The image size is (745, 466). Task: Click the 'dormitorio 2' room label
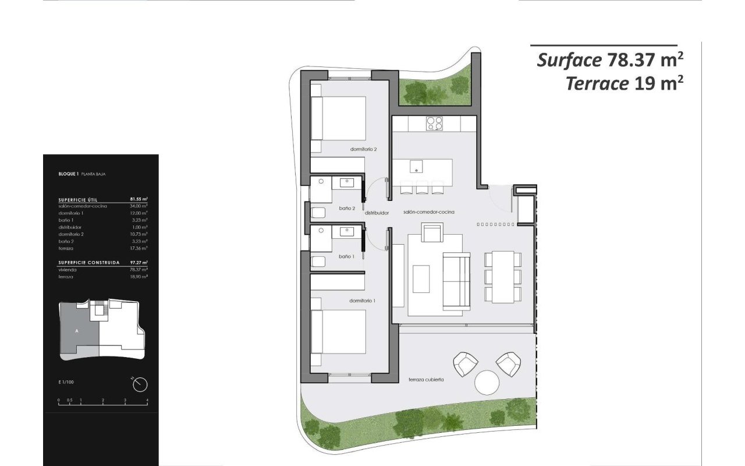point(364,149)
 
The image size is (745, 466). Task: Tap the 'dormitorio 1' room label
point(362,301)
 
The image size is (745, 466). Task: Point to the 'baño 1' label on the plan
point(347,256)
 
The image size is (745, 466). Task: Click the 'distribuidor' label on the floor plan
point(377,213)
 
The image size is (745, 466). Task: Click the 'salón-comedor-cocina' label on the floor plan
point(428,212)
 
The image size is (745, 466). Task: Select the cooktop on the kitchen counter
point(434,123)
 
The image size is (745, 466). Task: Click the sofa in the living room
point(456,281)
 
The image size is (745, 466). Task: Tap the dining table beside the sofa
point(504,277)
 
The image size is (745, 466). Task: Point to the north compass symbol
point(140,384)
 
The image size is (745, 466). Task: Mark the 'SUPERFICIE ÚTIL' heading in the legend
point(81,199)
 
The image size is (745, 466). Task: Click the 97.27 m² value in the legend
point(138,263)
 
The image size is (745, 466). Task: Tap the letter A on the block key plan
point(77,331)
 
